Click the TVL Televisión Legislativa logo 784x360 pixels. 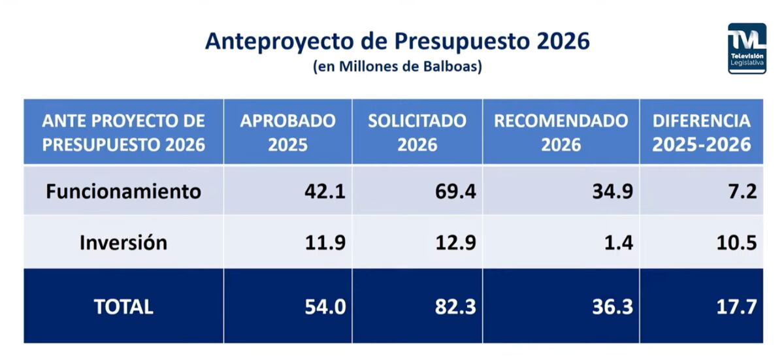click(747, 48)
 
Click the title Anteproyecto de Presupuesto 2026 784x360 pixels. click(397, 41)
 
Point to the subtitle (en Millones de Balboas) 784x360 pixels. click(397, 67)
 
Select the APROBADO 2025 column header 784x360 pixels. click(287, 132)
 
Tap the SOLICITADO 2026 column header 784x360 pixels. click(417, 132)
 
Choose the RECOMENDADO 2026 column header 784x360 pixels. click(561, 132)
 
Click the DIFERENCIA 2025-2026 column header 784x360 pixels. click(701, 132)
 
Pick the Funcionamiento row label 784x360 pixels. click(123, 191)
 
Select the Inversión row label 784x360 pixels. click(123, 242)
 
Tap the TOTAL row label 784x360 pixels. click(123, 306)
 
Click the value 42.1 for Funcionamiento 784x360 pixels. click(325, 191)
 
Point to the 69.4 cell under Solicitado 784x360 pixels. click(455, 191)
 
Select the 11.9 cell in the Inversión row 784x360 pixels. click(325, 242)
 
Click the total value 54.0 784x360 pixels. click(325, 306)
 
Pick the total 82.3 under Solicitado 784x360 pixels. click(455, 306)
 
